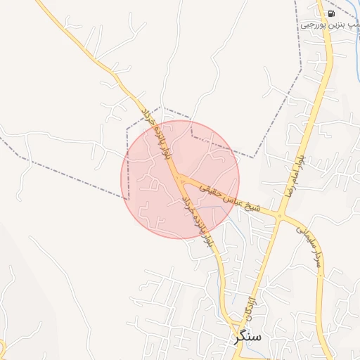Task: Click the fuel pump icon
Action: (x=329, y=13)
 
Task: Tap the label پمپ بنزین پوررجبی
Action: (x=330, y=25)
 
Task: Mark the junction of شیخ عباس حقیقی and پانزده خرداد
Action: (x=180, y=177)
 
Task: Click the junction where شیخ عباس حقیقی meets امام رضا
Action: (x=280, y=215)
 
